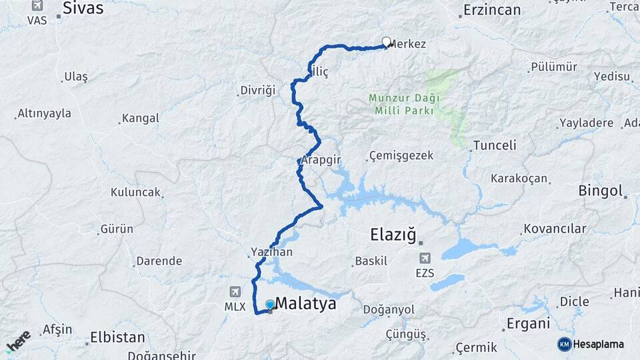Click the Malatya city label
click(x=305, y=304)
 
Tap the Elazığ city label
click(x=393, y=235)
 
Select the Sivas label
click(x=83, y=8)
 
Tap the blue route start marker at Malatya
click(x=270, y=305)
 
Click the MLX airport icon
click(x=235, y=292)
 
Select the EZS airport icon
click(x=425, y=258)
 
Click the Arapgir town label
click(x=321, y=161)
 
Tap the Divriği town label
click(x=257, y=90)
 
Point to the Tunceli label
click(x=494, y=145)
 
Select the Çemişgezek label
click(x=401, y=156)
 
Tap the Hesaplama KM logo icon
click(x=565, y=344)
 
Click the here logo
click(x=18, y=341)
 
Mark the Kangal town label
click(x=140, y=119)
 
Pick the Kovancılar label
click(x=555, y=229)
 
